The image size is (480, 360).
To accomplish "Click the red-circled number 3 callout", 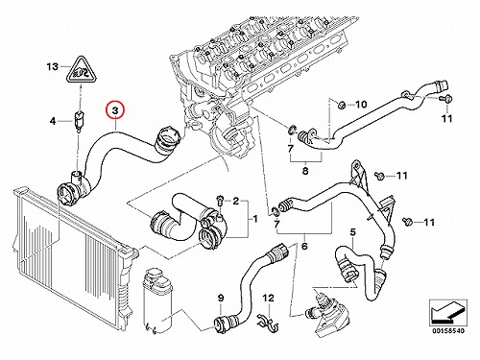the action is pos(115,110).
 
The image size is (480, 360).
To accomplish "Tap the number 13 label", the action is pos(53,67).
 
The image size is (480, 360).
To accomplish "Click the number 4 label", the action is pos(53,121).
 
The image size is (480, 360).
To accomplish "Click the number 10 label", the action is pos(361,105).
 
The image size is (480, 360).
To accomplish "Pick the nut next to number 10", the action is pos(341,104).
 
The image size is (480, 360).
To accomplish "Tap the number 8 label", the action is pos(305,171).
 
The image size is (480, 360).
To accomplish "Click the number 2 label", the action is pos(236,201).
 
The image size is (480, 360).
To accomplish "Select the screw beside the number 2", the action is pos(219,200).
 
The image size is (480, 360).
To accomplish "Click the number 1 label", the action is pos(255,219).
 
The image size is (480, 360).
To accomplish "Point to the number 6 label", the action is pos(304,246).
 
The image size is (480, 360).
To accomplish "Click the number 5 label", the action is pos(352,231).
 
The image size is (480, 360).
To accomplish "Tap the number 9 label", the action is pos(221,299).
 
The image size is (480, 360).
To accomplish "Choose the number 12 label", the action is pos(269,299).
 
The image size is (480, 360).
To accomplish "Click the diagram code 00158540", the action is pos(448,331).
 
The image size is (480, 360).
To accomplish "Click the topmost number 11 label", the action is pos(447,119).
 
